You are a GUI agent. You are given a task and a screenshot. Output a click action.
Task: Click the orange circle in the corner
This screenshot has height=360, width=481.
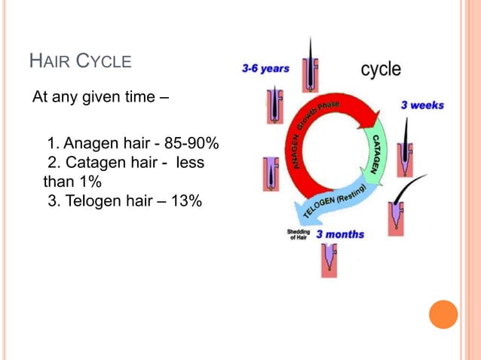coord(443,313)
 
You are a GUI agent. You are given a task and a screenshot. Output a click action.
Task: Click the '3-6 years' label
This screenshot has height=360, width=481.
coord(265,69)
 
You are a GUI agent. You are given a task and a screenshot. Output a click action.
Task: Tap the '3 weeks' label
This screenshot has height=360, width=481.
coord(422,105)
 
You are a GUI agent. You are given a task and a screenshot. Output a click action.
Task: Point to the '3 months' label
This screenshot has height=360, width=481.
coord(339,234)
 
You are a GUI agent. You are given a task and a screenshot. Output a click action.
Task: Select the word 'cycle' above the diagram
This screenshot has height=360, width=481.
coord(381,70)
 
